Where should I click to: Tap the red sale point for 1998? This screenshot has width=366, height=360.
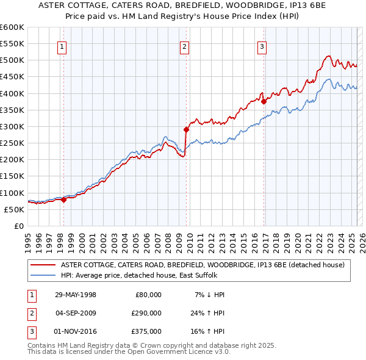click(x=63, y=200)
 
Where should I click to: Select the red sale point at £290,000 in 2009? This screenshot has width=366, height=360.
click(x=186, y=129)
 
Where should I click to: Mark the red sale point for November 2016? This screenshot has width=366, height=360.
click(x=264, y=102)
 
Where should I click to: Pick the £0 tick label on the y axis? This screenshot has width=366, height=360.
click(x=19, y=226)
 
